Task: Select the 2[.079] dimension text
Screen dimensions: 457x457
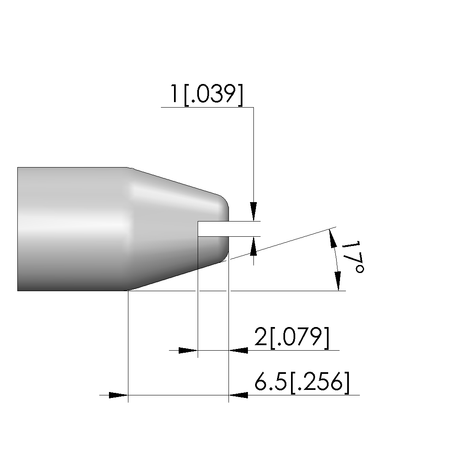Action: (x=292, y=338)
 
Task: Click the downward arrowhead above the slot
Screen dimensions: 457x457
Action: (x=253, y=211)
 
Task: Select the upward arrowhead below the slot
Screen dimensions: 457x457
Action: (x=253, y=246)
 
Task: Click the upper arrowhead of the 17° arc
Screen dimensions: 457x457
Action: (x=332, y=238)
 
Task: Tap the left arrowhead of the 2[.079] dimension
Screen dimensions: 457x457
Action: (x=188, y=350)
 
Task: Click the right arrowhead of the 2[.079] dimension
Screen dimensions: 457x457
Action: (x=238, y=350)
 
